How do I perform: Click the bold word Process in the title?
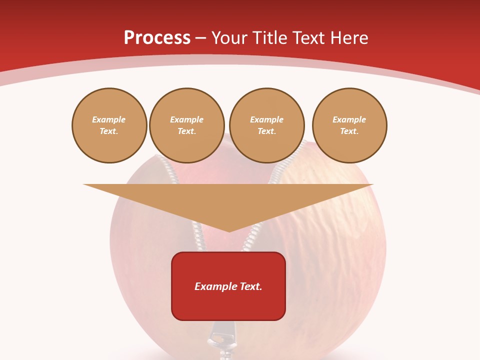click(x=157, y=37)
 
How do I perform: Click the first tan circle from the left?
click(x=109, y=125)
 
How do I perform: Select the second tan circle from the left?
click(x=187, y=125)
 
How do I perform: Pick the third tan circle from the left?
click(x=267, y=125)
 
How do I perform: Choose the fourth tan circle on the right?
click(x=349, y=125)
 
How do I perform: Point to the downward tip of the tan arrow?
click(x=229, y=230)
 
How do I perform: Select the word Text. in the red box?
click(x=250, y=286)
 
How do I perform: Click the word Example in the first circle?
click(x=109, y=120)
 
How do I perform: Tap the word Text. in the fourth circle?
click(x=349, y=131)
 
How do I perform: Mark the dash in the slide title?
click(x=201, y=38)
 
